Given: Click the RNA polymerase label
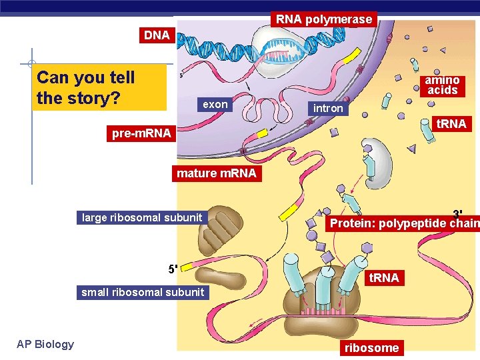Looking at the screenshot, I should point(324,19).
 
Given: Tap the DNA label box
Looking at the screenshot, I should point(157,35).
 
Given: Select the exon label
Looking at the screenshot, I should point(215,104).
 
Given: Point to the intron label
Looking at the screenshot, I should point(328,108).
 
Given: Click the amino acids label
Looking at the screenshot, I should point(442,85).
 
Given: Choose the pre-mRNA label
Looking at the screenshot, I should point(141,133).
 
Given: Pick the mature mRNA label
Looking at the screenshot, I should point(216,173).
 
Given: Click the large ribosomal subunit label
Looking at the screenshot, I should point(141,217).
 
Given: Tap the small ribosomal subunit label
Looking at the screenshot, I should point(143,292).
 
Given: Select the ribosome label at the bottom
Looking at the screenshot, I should point(371,347).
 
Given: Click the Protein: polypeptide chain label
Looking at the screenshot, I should point(403,223).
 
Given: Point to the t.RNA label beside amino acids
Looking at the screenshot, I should point(450,124).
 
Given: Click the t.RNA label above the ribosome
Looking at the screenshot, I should point(384,278).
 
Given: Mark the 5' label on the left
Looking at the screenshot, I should point(173,269).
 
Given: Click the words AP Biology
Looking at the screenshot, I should point(45,344).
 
